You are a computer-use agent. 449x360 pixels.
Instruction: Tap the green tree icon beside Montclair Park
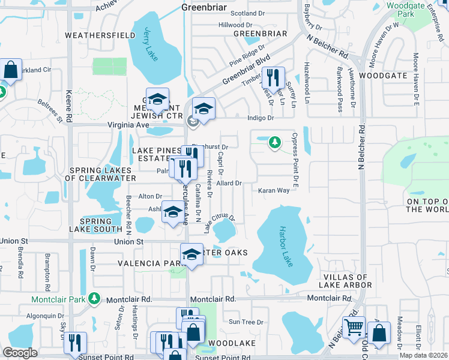pos(94,298)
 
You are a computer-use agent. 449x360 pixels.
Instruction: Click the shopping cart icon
pos(354,327)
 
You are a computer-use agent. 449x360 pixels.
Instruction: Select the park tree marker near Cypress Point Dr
pos(275,142)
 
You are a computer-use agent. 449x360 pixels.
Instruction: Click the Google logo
pos(20,353)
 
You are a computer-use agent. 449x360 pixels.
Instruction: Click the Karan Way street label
pos(274,191)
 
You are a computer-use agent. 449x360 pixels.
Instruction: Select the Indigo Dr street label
pos(261,118)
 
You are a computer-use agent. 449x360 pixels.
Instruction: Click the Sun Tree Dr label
pos(242,322)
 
